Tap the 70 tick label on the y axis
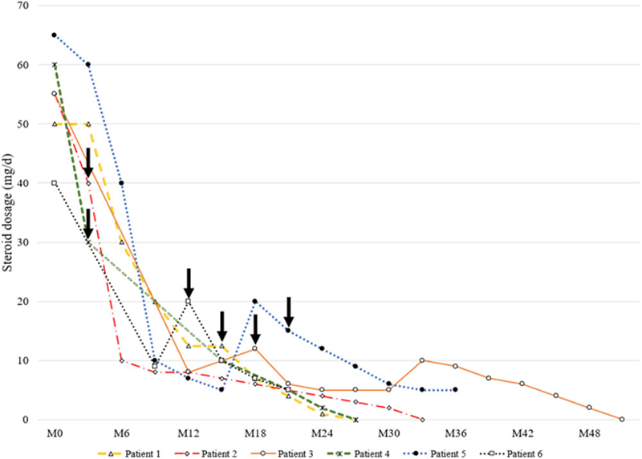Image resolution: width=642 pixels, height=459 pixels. pos(33,6)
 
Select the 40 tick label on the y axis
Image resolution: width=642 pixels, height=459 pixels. pos(33,184)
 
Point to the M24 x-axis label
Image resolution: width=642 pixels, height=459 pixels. pos(322,433)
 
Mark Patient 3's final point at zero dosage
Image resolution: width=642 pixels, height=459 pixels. pos(622,419)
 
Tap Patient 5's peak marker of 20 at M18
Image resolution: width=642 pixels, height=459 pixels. pos(255,302)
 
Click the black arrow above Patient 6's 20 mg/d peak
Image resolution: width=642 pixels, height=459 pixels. pos(188,282)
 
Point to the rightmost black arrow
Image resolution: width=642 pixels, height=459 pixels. pos(289,311)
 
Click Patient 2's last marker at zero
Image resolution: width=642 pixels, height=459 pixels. pos(422,419)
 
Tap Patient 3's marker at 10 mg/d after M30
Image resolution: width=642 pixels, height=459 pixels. pos(422,360)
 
